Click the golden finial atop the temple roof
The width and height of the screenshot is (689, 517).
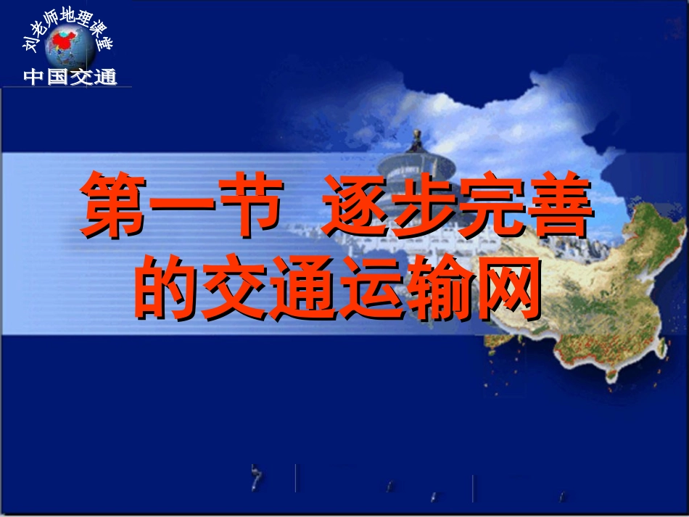tap(416, 135)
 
